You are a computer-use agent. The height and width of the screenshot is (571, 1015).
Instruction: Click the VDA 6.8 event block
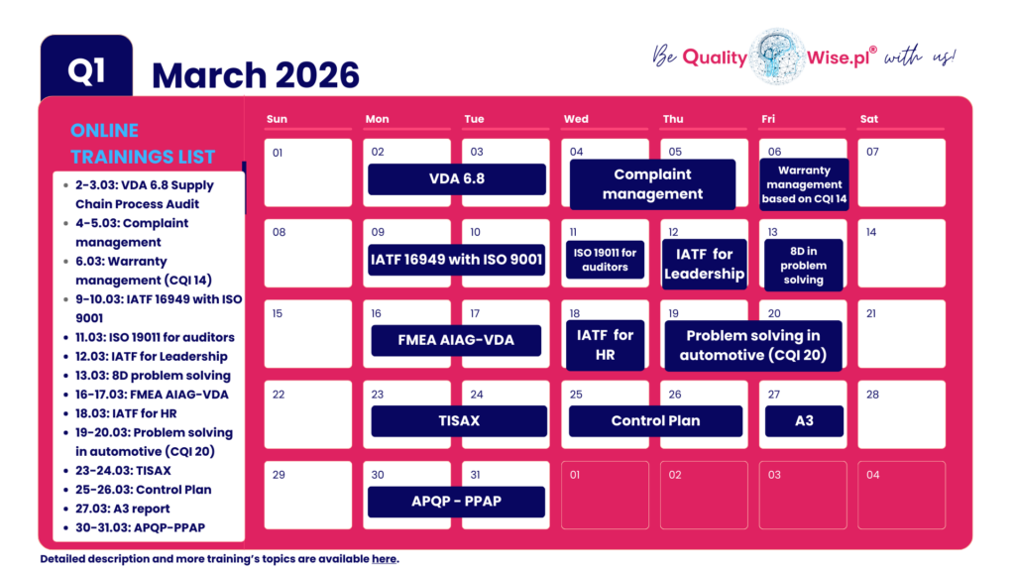point(457,179)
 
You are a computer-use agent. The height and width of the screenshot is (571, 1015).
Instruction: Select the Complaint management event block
point(652,184)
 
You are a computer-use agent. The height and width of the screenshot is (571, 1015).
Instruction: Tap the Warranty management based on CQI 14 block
point(804,184)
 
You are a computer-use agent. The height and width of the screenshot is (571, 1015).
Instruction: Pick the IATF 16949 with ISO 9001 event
point(457,261)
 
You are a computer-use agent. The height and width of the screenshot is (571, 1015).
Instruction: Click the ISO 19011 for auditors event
point(605,260)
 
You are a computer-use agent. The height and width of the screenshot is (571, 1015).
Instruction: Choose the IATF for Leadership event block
point(704,265)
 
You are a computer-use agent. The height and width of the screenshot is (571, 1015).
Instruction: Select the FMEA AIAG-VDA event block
point(456,340)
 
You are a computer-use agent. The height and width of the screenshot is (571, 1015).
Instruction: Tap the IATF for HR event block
point(605,345)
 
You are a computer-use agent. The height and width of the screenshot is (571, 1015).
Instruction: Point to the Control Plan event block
point(655,420)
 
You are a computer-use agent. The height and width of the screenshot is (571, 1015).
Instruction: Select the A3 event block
point(804,420)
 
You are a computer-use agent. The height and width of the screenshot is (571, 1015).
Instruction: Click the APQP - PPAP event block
point(456,501)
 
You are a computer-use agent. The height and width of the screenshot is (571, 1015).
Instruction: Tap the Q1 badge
point(86,71)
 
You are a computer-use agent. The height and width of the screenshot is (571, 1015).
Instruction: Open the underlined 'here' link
point(384,559)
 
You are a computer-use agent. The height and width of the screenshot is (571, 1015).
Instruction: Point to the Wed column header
point(576,119)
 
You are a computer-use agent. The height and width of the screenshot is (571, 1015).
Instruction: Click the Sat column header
point(869,119)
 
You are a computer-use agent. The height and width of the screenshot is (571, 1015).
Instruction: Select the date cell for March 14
point(901,253)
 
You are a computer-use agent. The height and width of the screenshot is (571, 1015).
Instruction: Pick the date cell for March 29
point(307,495)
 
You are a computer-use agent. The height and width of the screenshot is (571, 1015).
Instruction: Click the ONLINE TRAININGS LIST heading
point(143,144)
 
